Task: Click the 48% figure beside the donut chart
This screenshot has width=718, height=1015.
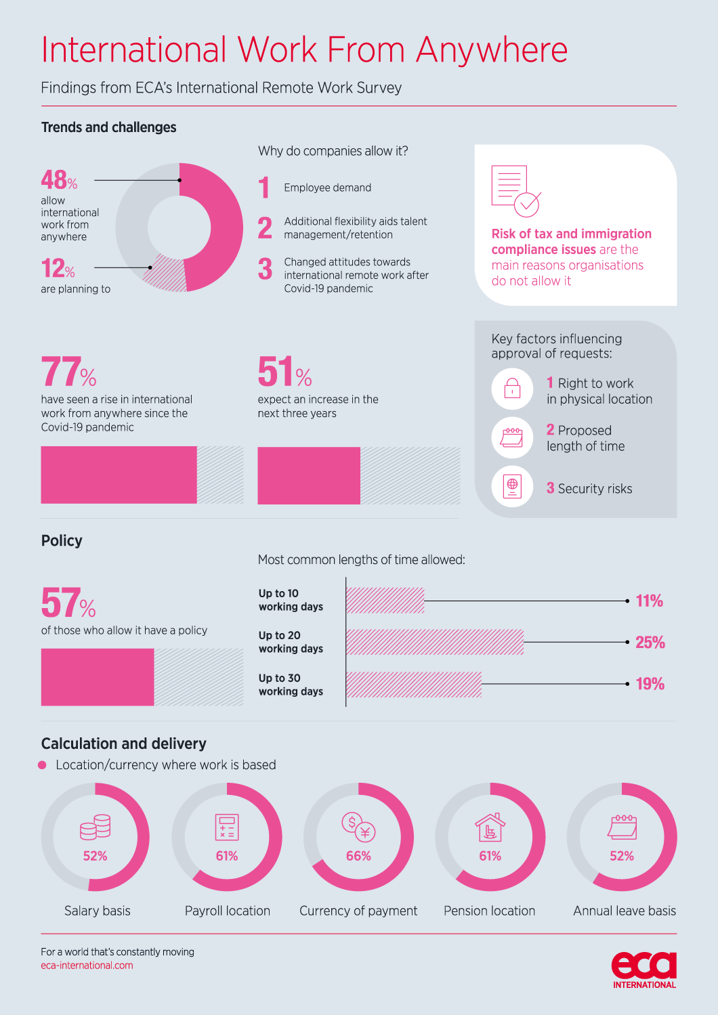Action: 59,179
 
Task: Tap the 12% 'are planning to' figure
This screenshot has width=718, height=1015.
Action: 58,267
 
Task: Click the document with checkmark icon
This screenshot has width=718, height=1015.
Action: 516,191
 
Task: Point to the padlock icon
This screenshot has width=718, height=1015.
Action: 512,389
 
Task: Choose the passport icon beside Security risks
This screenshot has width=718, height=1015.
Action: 512,487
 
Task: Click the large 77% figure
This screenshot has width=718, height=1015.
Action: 68,372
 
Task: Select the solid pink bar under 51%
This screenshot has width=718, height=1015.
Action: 309,475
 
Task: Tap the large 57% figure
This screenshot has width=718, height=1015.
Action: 68,603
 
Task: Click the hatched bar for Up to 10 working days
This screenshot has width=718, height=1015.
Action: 385,601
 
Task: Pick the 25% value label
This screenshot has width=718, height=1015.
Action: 650,642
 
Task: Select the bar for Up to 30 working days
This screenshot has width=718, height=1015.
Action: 413,684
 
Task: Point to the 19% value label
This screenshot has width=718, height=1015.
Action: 650,684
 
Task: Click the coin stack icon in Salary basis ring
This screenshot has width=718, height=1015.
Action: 96,827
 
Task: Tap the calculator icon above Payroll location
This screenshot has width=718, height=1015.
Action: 227,827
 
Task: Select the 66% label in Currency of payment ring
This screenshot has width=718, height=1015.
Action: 358,855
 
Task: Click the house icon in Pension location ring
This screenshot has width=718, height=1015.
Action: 490,827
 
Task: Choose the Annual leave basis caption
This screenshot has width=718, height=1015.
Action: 624,910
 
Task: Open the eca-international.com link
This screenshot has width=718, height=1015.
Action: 87,965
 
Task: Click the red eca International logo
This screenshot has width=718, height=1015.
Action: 644,970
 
